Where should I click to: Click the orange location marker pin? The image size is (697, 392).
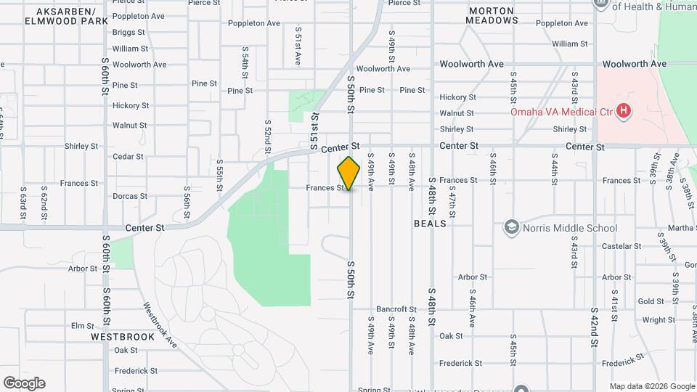[x=349, y=173]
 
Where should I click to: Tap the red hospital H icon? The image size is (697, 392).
[x=623, y=111]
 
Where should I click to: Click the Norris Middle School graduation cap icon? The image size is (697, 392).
[x=512, y=228]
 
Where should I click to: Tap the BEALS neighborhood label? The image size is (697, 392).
[x=430, y=224]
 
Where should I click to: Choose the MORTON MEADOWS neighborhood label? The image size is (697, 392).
[x=494, y=15]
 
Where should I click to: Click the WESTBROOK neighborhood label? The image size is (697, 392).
[x=123, y=337]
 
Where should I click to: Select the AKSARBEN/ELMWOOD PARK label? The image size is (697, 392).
[x=60, y=17]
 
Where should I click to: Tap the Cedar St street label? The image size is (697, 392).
[x=128, y=156]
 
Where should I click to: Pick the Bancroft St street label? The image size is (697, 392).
[x=396, y=309]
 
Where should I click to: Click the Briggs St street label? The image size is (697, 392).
[x=130, y=32]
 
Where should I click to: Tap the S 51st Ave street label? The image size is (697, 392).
[x=298, y=47]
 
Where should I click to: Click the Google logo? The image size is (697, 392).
[x=24, y=383]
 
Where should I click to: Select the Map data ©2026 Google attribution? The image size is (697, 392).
[x=651, y=386]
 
